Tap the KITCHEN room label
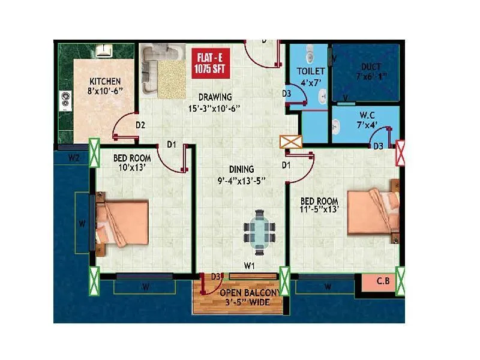pos(105,86)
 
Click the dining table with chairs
pos(259,230)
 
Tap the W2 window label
pos(74,158)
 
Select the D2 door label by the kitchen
pos(141,125)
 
